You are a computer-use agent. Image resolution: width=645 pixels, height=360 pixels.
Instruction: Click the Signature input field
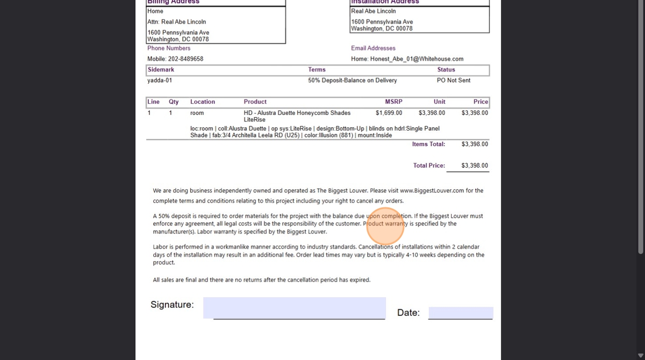[x=294, y=308]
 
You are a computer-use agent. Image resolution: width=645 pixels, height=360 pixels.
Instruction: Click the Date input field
[x=461, y=313]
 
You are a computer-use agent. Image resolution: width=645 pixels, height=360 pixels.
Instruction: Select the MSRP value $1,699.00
[x=389, y=113]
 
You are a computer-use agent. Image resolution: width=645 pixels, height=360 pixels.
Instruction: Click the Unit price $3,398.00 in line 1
[x=432, y=113]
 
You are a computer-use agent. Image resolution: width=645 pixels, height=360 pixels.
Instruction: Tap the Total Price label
[x=429, y=165]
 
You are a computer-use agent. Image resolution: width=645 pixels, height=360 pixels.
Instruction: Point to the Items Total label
[x=428, y=144]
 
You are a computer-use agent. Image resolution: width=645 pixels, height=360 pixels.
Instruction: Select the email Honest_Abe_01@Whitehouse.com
[x=417, y=59]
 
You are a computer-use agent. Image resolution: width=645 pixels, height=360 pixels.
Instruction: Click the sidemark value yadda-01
[x=160, y=81]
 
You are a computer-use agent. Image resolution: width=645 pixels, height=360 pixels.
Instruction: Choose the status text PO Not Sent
[x=453, y=81]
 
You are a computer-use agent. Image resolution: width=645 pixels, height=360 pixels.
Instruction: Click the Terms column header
[x=317, y=70]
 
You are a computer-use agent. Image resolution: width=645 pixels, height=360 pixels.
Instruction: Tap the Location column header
[x=202, y=102]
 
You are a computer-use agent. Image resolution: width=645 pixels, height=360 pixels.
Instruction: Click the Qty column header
[x=174, y=102]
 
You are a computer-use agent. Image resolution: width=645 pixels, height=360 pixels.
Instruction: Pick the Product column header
[x=255, y=102]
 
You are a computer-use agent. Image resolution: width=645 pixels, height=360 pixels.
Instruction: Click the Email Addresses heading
[x=373, y=48]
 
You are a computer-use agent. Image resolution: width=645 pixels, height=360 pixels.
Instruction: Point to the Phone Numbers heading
[x=169, y=48]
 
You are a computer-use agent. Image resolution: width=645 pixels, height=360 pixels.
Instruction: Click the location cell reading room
[x=197, y=113]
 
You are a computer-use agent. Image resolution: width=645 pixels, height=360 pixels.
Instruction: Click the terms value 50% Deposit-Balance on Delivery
[x=352, y=81]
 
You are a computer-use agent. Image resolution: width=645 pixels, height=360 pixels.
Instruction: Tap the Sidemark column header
[x=161, y=70]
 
